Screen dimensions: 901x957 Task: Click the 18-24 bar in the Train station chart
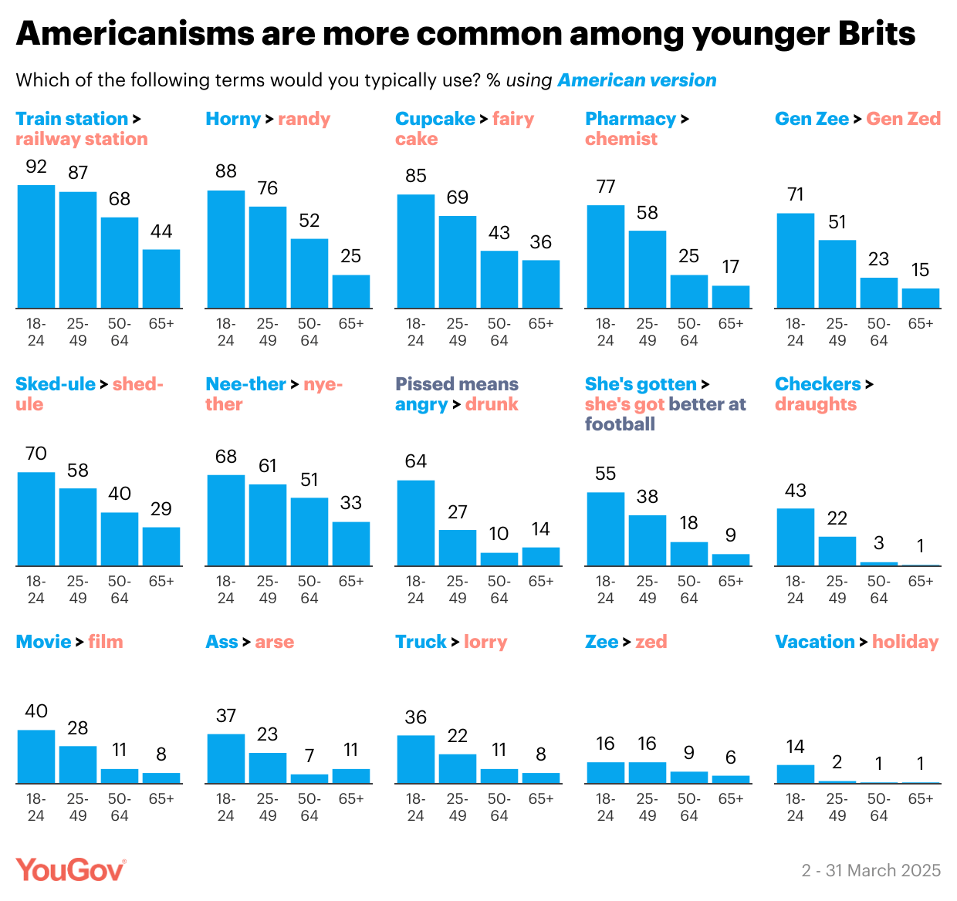pos(36,247)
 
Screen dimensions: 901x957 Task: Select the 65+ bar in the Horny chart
pos(351,292)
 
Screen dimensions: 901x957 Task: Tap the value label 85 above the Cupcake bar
pos(416,176)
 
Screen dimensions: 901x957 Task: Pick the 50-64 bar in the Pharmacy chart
pos(689,292)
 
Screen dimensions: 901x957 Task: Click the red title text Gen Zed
pos(903,119)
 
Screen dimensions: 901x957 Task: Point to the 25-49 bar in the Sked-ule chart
pos(78,527)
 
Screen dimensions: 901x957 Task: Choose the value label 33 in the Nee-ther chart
pos(351,503)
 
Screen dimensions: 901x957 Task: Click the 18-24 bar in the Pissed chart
pos(416,523)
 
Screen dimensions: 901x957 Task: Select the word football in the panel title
pos(620,424)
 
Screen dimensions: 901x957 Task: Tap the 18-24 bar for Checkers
pos(796,537)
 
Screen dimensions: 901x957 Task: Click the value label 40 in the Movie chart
pos(36,711)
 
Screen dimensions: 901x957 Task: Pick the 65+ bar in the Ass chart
pos(351,776)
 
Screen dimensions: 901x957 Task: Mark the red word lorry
pos(485,642)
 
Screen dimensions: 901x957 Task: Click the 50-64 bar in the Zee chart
pos(689,778)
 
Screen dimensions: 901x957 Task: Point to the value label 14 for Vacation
pos(796,747)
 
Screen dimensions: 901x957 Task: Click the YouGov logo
pos(70,870)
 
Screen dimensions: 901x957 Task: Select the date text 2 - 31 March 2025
pos(871,871)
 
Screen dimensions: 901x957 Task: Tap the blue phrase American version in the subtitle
pos(637,80)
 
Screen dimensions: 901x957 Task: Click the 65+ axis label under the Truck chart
pos(541,799)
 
